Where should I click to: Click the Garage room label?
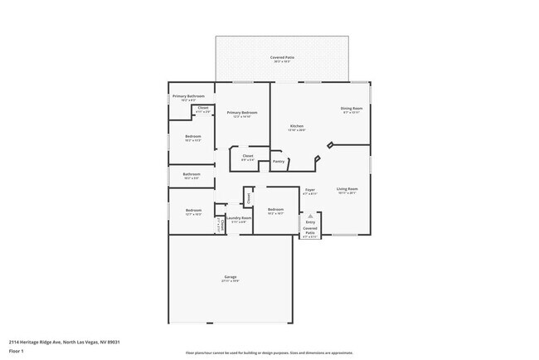(x=231, y=276)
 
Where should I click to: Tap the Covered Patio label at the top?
(x=283, y=57)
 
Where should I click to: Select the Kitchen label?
(x=297, y=126)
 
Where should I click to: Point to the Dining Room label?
(x=352, y=109)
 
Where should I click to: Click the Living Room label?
(x=347, y=189)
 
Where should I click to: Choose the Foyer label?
(x=309, y=190)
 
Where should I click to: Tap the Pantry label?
(x=279, y=161)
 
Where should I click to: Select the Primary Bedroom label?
(x=242, y=112)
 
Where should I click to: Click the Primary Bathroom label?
(x=189, y=96)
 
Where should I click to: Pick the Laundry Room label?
(x=239, y=218)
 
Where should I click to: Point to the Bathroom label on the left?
(x=192, y=174)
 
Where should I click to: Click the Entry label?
(x=310, y=221)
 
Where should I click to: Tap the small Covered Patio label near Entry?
(x=310, y=232)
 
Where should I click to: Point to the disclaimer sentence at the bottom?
(x=269, y=353)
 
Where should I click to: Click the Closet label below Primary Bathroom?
(x=203, y=108)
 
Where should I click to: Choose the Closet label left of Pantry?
(x=248, y=155)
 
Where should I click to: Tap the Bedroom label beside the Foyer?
(x=276, y=210)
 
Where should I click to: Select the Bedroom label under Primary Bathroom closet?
(x=192, y=136)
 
